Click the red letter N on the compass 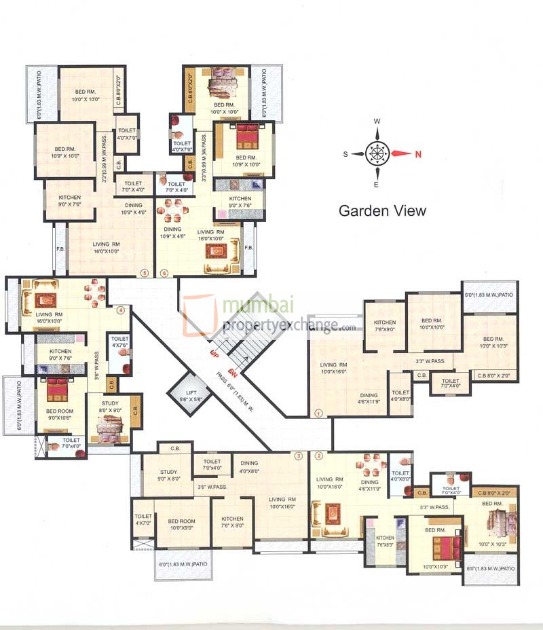tap(418, 153)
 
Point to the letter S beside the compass tap(345, 154)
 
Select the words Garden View tap(382, 210)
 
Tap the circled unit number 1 tap(319, 412)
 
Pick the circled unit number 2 tap(318, 456)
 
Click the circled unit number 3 tap(297, 456)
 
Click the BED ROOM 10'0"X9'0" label tap(181, 524)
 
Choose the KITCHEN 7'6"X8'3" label tap(385, 540)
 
